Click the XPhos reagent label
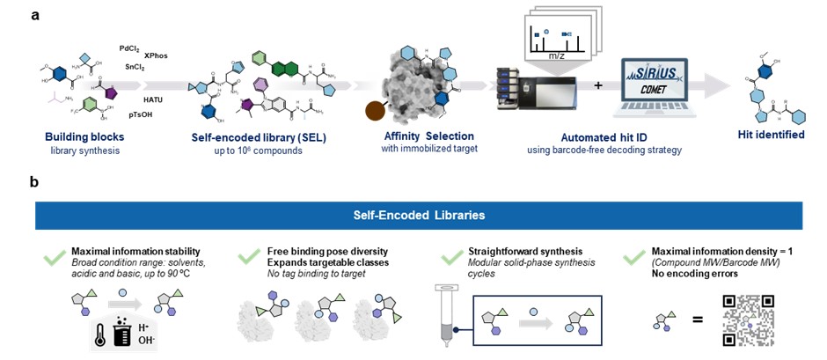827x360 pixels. click(156, 55)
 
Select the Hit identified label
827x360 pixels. click(771, 135)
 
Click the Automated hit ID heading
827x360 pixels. click(606, 136)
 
